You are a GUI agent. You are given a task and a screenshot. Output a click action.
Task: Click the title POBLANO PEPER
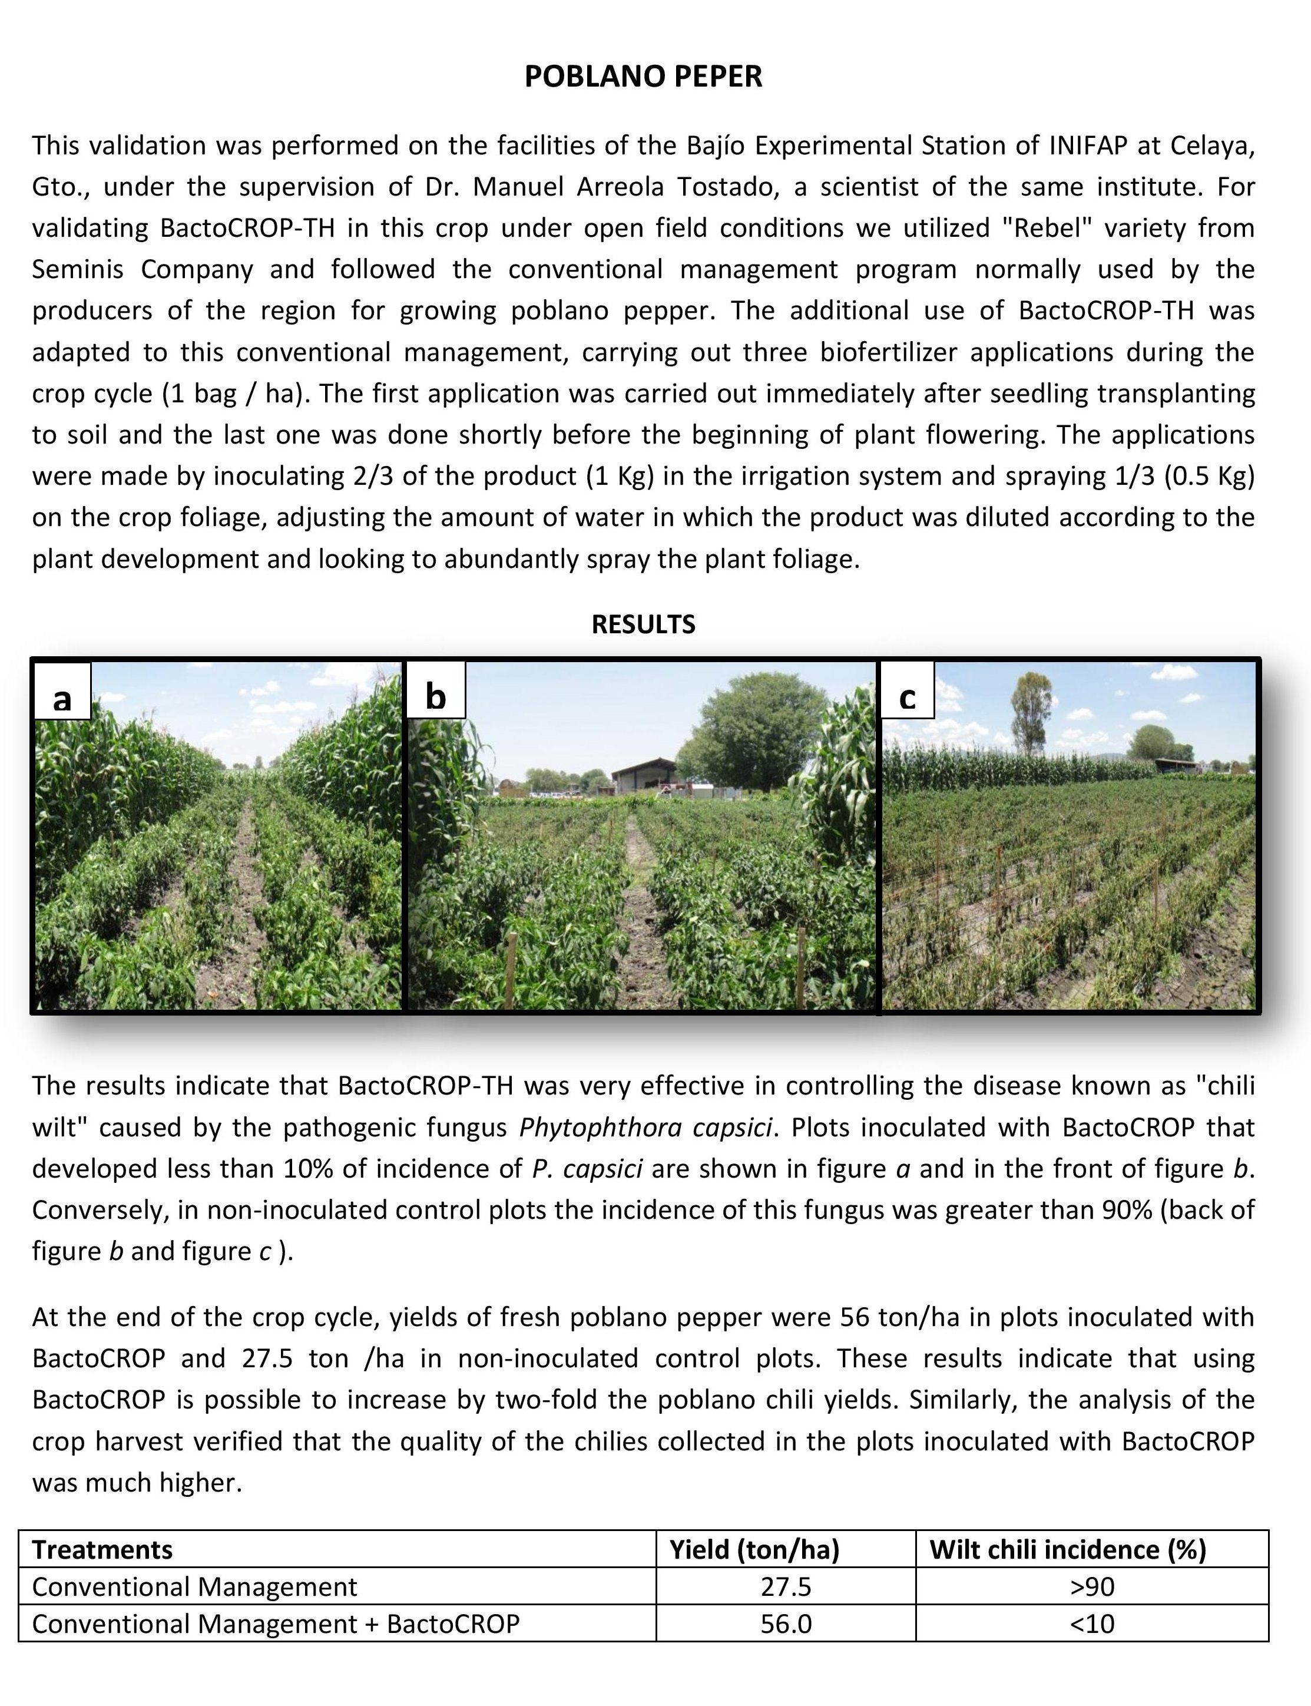pyautogui.click(x=643, y=77)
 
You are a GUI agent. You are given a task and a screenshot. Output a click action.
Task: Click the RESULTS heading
pyautogui.click(x=643, y=624)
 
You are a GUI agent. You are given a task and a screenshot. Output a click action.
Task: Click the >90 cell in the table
pyautogui.click(x=1092, y=1586)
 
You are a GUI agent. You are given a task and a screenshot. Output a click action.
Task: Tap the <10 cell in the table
pyautogui.click(x=1092, y=1624)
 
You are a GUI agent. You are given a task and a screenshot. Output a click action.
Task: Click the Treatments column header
pyautogui.click(x=102, y=1549)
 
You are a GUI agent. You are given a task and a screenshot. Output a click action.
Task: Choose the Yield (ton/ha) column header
pyautogui.click(x=754, y=1549)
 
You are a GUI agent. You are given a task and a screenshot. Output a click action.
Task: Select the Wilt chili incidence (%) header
pyautogui.click(x=1068, y=1549)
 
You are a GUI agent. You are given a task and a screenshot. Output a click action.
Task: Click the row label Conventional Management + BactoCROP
pyautogui.click(x=276, y=1624)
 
